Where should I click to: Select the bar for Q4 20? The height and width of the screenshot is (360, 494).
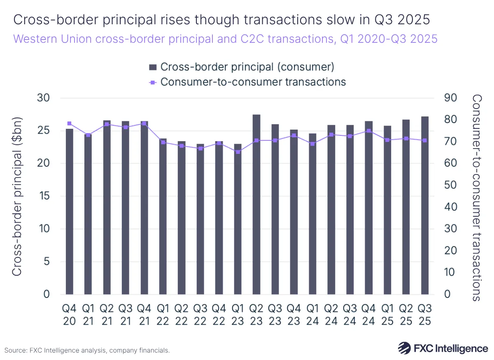click(x=69, y=211)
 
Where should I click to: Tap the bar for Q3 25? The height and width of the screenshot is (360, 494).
click(x=425, y=205)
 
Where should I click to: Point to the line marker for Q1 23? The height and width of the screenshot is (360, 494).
click(x=238, y=152)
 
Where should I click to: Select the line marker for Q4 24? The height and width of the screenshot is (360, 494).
click(x=369, y=131)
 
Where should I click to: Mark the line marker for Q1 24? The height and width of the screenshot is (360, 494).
click(x=312, y=144)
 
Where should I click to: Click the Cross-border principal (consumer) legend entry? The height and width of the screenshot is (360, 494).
click(x=241, y=67)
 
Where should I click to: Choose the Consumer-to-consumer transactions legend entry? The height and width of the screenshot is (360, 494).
click(x=247, y=82)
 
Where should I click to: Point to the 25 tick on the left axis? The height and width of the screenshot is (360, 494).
click(x=43, y=131)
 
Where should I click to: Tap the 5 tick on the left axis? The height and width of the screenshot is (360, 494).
click(x=47, y=262)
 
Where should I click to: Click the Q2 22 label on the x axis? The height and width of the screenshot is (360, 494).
click(x=181, y=314)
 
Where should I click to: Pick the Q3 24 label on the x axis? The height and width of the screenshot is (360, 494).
click(x=350, y=314)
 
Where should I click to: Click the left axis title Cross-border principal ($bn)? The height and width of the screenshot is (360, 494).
click(x=16, y=196)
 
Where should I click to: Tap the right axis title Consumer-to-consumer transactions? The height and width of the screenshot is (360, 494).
click(x=477, y=197)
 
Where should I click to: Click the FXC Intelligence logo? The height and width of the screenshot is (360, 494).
click(x=443, y=348)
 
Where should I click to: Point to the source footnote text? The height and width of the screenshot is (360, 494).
click(x=87, y=351)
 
